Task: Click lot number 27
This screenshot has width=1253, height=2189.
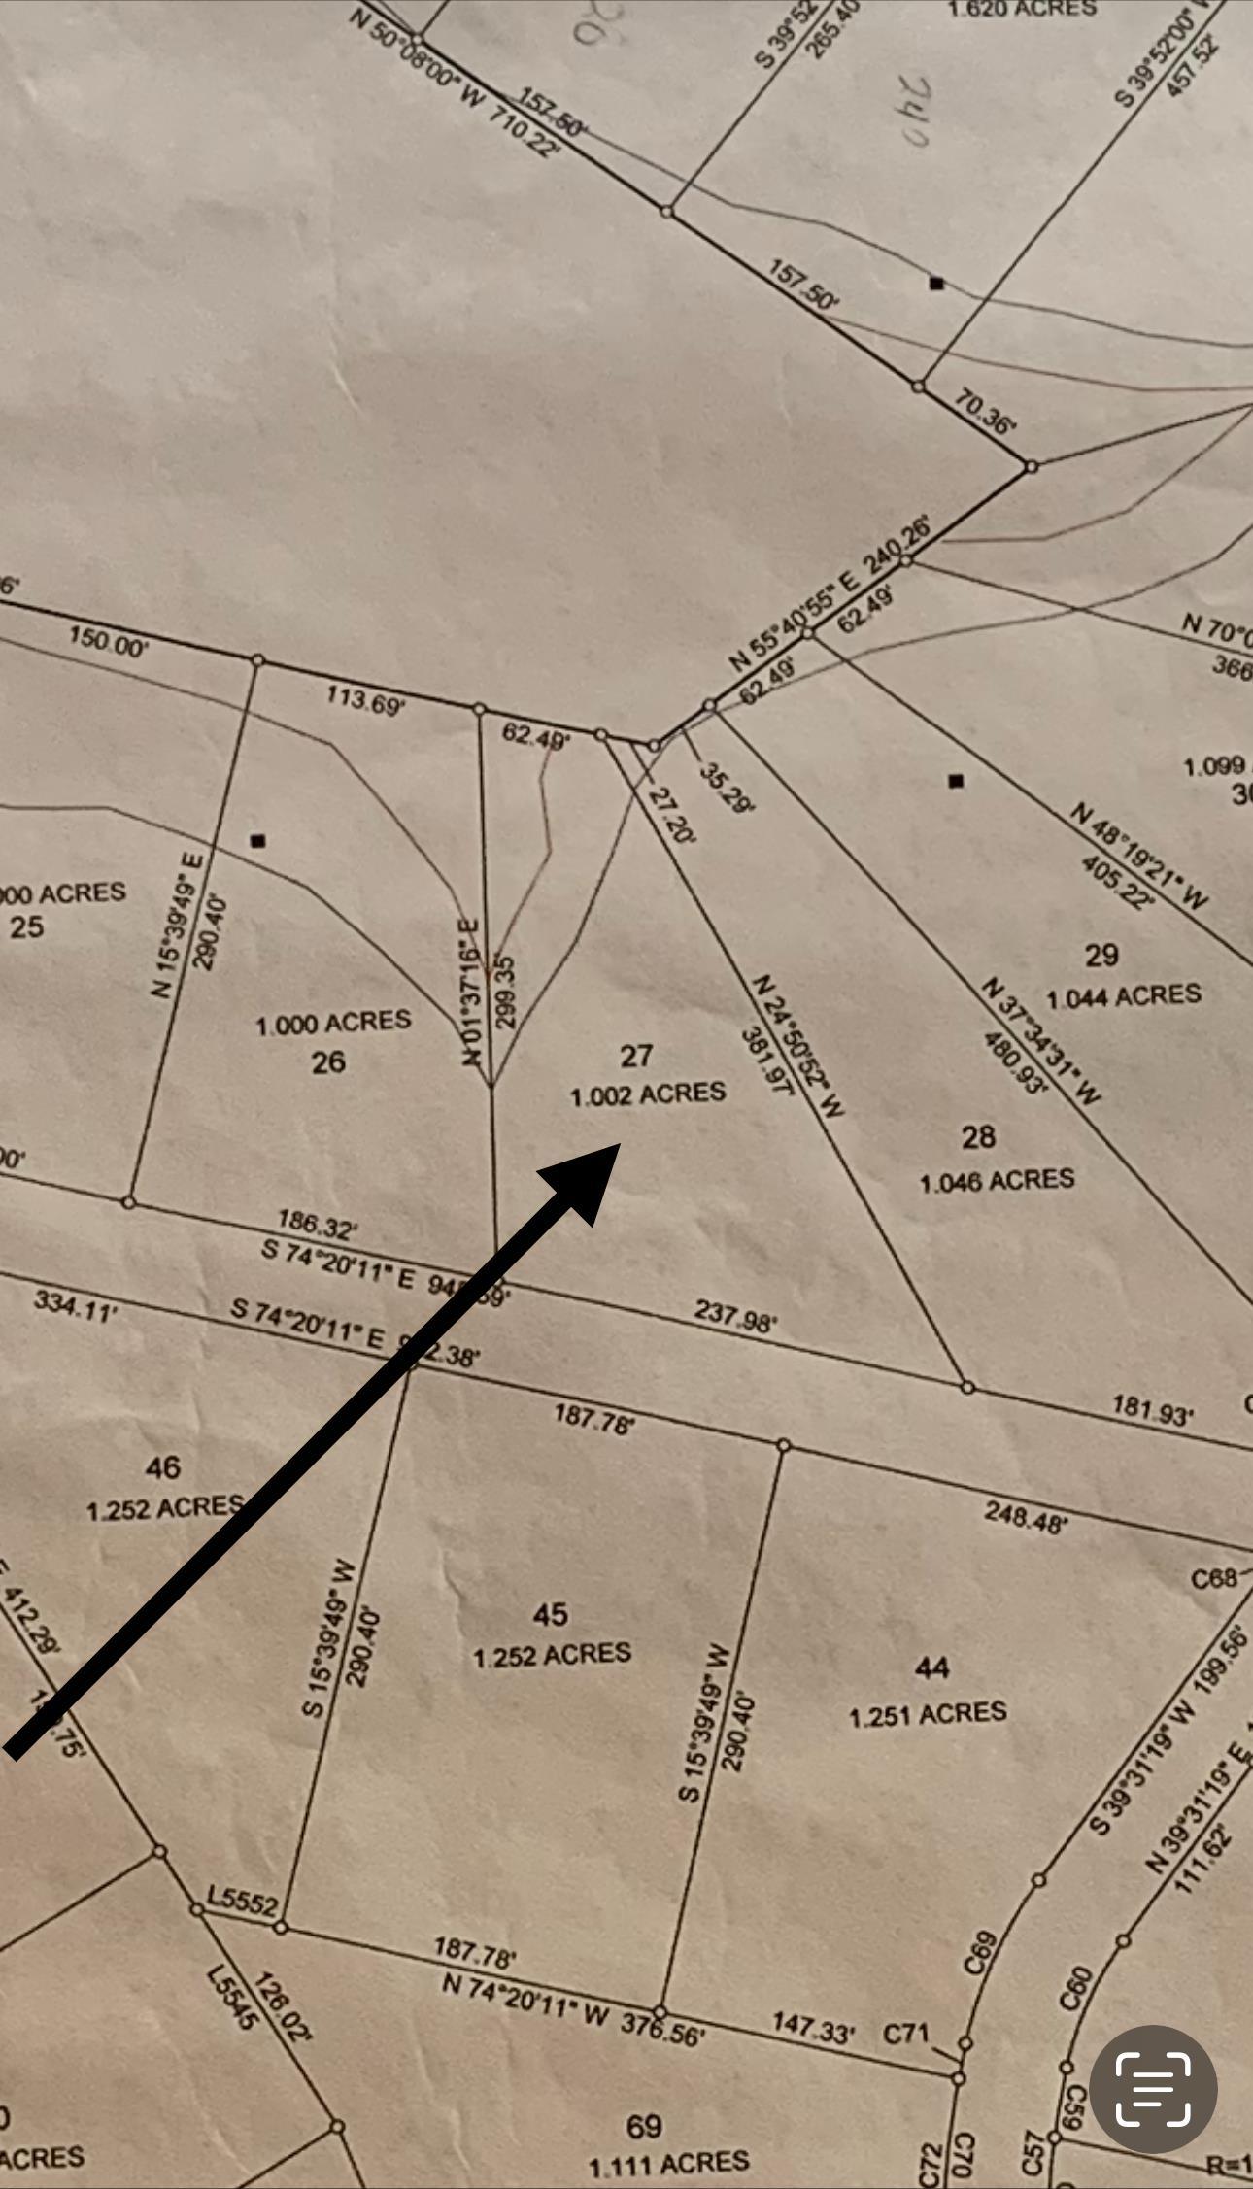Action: [635, 1056]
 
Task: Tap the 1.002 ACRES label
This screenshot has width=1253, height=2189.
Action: [648, 1094]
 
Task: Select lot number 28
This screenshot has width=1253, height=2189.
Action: [978, 1136]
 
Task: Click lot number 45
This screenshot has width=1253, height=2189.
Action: [550, 1614]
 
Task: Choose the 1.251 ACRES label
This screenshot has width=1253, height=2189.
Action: [928, 1714]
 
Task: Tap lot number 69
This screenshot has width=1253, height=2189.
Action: [644, 2127]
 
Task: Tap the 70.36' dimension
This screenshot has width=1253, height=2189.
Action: [985, 411]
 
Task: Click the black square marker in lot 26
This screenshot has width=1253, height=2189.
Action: [257, 841]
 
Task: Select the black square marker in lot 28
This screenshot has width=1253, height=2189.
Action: [956, 781]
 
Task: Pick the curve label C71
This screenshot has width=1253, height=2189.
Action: [905, 2033]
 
